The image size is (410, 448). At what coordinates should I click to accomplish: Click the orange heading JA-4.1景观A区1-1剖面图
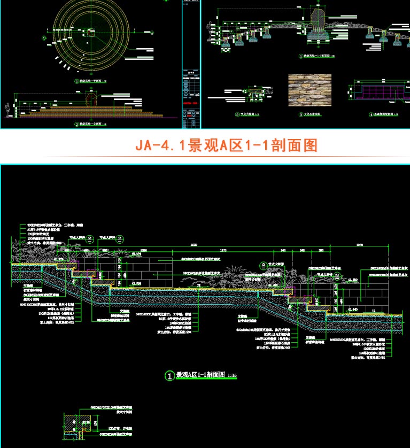click(x=227, y=145)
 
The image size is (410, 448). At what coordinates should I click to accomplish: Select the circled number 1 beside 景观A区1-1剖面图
click(x=169, y=376)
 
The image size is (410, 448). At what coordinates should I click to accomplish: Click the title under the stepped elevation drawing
click(x=91, y=124)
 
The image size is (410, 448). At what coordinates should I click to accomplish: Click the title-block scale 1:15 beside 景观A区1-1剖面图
click(x=232, y=377)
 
